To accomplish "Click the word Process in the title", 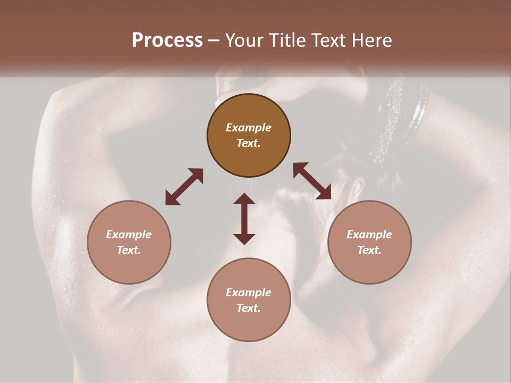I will [167, 40].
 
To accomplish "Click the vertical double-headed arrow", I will [244, 219].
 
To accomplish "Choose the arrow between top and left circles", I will [184, 187].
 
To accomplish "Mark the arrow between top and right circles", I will [312, 181].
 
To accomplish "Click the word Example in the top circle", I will [249, 128].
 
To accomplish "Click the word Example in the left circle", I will [129, 235].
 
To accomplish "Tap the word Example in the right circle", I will [369, 235].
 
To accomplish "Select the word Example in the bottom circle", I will [249, 293].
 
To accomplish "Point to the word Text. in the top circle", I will [249, 143].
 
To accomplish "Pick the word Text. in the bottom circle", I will [249, 308].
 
